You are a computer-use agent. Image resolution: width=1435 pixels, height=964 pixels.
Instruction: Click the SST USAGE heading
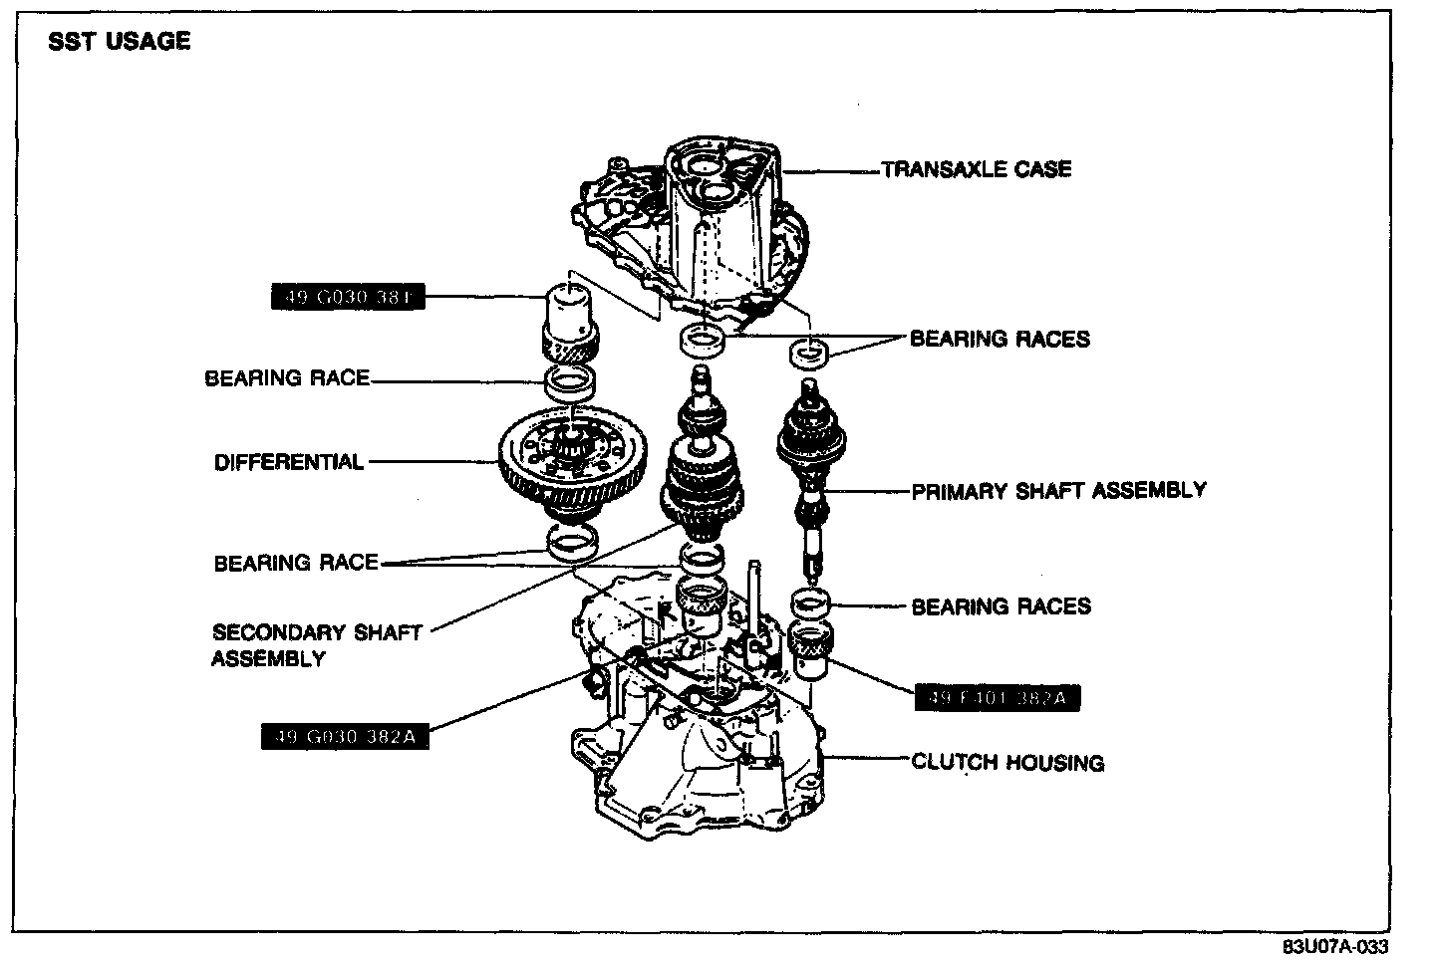click(120, 41)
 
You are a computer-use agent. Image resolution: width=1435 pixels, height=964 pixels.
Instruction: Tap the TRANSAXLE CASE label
click(977, 169)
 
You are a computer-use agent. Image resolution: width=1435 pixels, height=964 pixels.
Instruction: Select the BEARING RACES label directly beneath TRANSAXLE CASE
click(1000, 339)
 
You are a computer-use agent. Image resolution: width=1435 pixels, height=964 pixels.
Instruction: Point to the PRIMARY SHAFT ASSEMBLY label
click(1058, 490)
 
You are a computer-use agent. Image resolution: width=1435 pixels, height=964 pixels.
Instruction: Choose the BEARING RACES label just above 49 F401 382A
click(1001, 606)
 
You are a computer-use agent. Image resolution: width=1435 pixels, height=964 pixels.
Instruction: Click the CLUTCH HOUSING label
click(1007, 763)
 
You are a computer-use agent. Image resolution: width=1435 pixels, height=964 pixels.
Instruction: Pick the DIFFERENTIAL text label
click(289, 462)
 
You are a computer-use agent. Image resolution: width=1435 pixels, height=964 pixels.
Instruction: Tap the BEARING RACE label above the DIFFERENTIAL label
click(287, 378)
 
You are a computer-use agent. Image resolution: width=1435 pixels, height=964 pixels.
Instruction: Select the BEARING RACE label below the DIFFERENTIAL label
click(296, 563)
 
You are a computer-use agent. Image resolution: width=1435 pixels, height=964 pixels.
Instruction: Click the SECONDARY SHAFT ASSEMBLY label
click(317, 645)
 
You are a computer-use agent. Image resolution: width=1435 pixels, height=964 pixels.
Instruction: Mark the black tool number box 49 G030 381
click(348, 297)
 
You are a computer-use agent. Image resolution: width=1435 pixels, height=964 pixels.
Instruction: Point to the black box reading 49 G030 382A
click(344, 737)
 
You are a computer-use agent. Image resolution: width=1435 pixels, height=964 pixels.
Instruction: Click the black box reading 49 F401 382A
click(997, 698)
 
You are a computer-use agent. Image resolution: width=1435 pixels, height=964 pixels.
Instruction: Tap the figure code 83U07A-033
click(1334, 946)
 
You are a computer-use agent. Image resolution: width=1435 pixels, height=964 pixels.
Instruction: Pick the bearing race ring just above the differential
click(570, 380)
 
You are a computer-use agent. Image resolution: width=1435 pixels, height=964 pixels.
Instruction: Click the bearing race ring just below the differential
click(572, 542)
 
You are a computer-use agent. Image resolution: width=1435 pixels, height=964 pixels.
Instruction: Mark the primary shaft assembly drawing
click(813, 468)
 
